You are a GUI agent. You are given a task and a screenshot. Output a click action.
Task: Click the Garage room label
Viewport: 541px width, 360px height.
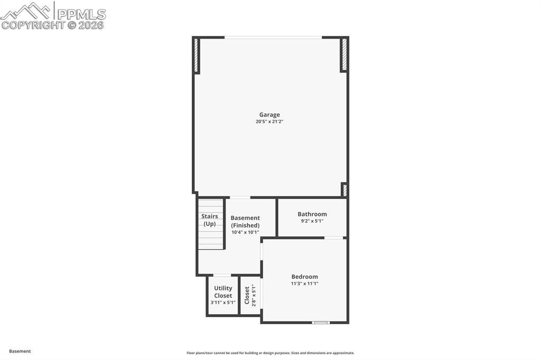[269, 115]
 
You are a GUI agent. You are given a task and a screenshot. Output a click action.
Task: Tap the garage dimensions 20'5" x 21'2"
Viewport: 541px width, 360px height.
[269, 122]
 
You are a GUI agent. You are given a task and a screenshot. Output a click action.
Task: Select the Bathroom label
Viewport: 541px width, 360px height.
[312, 214]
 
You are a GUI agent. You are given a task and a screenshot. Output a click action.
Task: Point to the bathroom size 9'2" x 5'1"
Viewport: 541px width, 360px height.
[312, 221]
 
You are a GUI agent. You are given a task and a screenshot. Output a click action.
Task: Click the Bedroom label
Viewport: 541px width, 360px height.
[305, 277]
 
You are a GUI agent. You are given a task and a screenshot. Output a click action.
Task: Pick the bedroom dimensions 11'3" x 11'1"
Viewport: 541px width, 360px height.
[305, 284]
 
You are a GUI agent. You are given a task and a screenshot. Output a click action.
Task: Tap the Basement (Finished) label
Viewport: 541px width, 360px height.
[245, 221]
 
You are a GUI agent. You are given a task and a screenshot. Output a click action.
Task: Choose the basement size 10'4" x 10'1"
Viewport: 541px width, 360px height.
[245, 232]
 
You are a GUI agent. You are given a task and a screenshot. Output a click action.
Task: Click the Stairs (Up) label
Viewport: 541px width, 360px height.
[210, 220]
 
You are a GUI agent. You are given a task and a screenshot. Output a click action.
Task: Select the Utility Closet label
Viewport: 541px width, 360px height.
[223, 292]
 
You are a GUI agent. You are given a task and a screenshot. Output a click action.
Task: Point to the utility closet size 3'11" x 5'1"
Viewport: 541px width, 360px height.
[223, 302]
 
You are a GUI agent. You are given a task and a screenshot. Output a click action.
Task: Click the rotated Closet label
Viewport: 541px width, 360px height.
[247, 295]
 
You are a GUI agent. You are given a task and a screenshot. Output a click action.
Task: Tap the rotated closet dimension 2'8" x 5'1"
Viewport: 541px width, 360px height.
[254, 295]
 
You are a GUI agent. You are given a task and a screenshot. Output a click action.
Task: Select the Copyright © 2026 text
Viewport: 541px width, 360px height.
[53, 25]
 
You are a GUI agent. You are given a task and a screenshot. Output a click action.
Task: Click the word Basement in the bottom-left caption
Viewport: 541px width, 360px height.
[20, 351]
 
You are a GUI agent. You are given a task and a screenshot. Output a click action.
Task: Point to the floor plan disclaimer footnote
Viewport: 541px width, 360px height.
[270, 353]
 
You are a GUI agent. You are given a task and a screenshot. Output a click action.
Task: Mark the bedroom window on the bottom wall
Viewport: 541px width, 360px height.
[321, 322]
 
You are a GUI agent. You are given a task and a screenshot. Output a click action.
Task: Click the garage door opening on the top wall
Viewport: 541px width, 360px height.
[273, 37]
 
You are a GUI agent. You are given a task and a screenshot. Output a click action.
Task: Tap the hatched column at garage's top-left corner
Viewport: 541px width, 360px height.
[197, 55]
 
